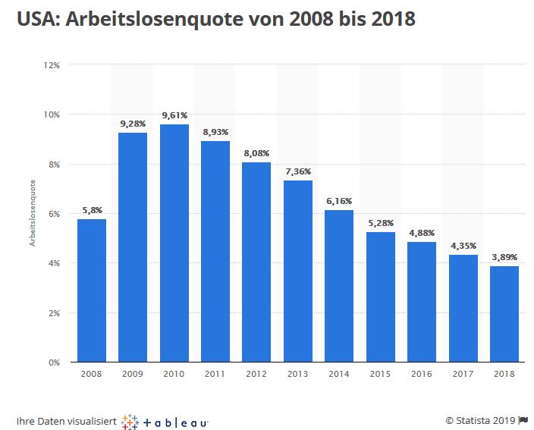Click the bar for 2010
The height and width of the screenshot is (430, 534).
[174, 243]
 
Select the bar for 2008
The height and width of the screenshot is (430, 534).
[92, 290]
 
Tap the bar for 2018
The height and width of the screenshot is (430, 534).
[504, 314]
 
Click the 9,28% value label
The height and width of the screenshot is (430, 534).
[133, 123]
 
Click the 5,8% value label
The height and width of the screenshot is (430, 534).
[92, 210]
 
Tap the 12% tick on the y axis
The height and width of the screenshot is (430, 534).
[52, 65]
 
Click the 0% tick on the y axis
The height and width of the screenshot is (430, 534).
[55, 363]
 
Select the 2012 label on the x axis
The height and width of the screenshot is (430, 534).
[256, 374]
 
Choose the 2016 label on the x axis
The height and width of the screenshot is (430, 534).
[422, 374]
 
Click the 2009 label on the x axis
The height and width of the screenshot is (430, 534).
[133, 374]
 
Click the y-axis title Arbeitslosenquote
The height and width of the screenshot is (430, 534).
[33, 213]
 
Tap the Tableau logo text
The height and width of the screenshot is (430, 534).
[176, 421]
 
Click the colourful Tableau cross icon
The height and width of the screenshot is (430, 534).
[130, 421]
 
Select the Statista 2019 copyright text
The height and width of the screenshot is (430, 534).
[480, 420]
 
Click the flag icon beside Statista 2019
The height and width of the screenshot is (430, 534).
[523, 420]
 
